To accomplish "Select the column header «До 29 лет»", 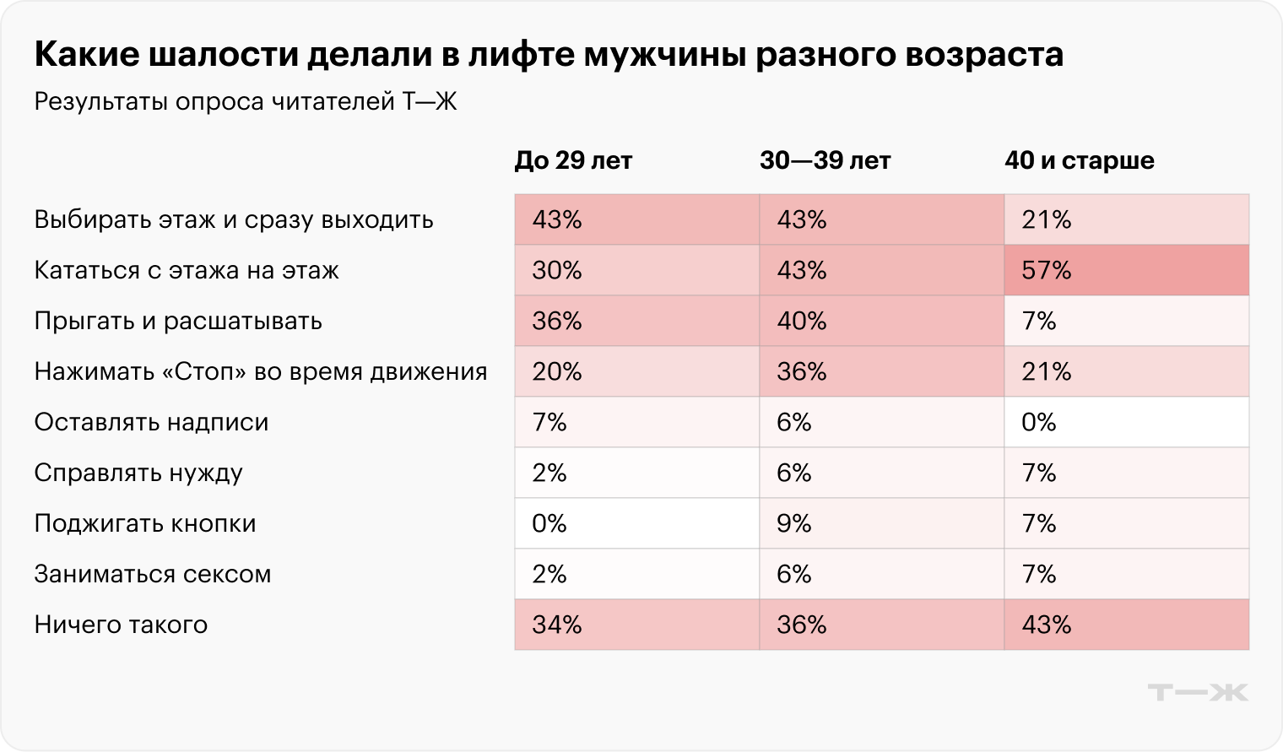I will [573, 160].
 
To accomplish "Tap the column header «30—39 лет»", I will [825, 160].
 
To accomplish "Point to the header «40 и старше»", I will [1079, 160].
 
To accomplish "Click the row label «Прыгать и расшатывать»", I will [178, 322].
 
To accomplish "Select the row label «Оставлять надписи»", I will [151, 422].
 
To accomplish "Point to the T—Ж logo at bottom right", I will [1197, 692].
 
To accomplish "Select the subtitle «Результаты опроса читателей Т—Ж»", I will [245, 103].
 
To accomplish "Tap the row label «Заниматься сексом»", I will [153, 574].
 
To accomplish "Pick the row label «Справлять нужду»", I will [138, 473].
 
